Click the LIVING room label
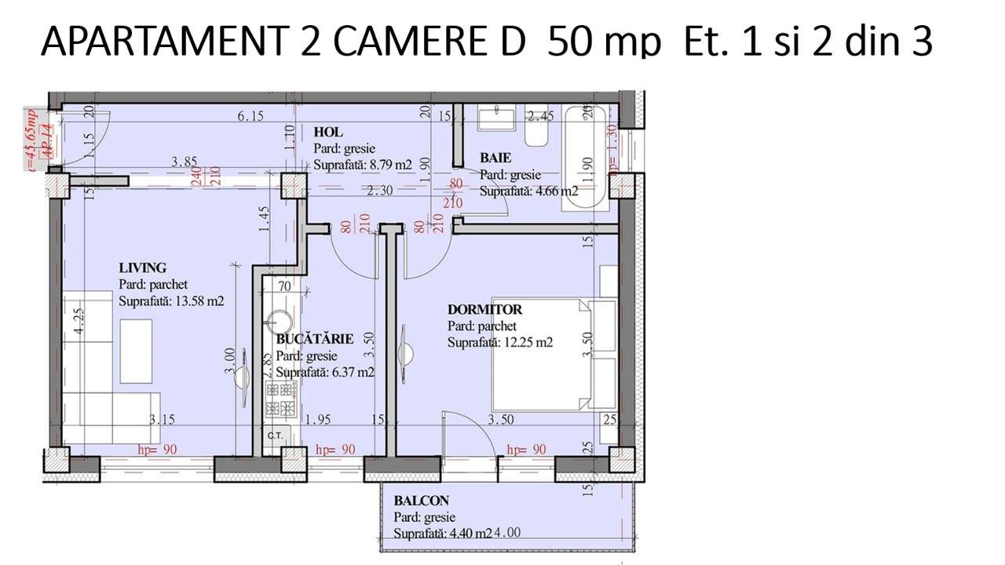143,268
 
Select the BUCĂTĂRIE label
315,339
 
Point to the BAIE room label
495,159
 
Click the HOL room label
328,132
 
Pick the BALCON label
422,501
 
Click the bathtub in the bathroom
587,157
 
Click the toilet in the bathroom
537,134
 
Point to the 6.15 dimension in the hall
250,116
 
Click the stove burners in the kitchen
280,399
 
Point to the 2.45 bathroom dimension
541,117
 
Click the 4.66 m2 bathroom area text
553,191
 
